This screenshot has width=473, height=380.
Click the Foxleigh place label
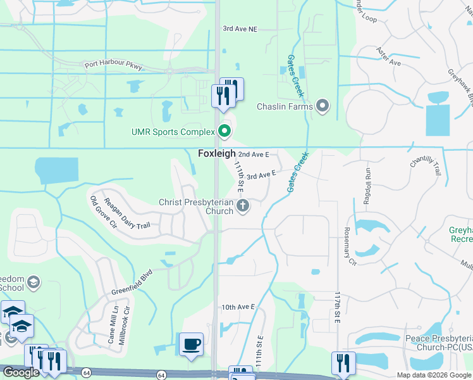217,154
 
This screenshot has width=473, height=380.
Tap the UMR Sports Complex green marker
224,132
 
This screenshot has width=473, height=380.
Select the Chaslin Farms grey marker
322,106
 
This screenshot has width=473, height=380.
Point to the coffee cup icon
192,345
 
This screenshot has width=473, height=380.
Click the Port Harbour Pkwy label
114,65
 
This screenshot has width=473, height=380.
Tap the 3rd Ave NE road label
240,29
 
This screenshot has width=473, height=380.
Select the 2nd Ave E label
254,154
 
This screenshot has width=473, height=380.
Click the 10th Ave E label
238,307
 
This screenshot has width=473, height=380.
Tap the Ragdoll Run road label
367,182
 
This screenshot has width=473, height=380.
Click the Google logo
21,373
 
